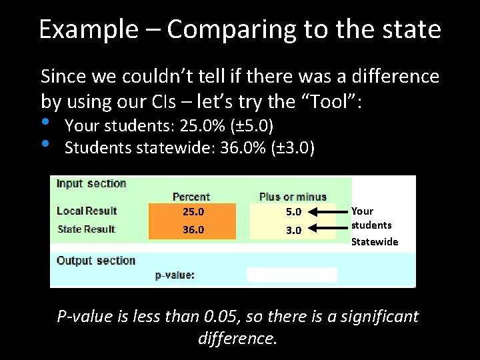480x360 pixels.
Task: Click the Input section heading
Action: pos(91,183)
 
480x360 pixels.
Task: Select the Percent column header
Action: pos(191,197)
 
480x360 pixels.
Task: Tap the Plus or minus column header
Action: pos(293,197)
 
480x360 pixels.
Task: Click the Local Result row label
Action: pos(87,211)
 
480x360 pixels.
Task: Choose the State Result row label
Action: pos(87,229)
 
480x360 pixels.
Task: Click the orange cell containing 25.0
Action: pos(193,212)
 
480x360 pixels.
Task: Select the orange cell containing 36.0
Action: pos(193,230)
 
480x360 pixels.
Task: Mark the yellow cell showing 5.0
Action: pos(293,212)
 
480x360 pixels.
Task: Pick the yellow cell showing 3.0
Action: pos(293,230)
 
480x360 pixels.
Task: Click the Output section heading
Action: pos(96,261)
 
